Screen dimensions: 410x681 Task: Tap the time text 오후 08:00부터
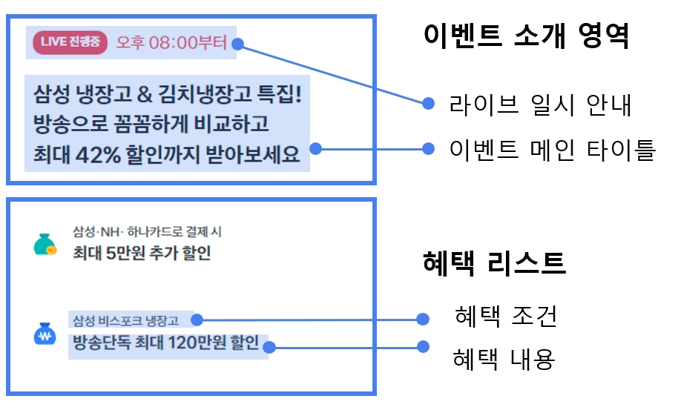pos(171,42)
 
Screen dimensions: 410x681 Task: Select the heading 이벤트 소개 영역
pos(526,35)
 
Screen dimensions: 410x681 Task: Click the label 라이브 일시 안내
pos(540,104)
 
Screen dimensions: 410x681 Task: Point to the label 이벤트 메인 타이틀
pos(553,149)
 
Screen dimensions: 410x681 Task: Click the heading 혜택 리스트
pos(494,262)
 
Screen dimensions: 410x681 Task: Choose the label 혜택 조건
pos(505,318)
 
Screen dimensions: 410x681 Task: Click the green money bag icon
pos(46,245)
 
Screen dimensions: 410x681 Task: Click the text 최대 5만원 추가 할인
pos(142,254)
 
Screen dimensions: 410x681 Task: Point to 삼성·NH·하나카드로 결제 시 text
pos(147,232)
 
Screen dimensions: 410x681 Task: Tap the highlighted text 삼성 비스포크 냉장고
pos(126,320)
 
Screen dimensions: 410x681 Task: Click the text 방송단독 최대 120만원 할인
pos(165,343)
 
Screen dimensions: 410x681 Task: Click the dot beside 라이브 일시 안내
pos(428,104)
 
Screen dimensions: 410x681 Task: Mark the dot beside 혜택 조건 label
pos(423,320)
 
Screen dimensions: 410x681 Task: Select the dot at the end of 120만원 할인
pos(272,346)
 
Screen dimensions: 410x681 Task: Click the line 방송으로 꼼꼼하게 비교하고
pos(151,125)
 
